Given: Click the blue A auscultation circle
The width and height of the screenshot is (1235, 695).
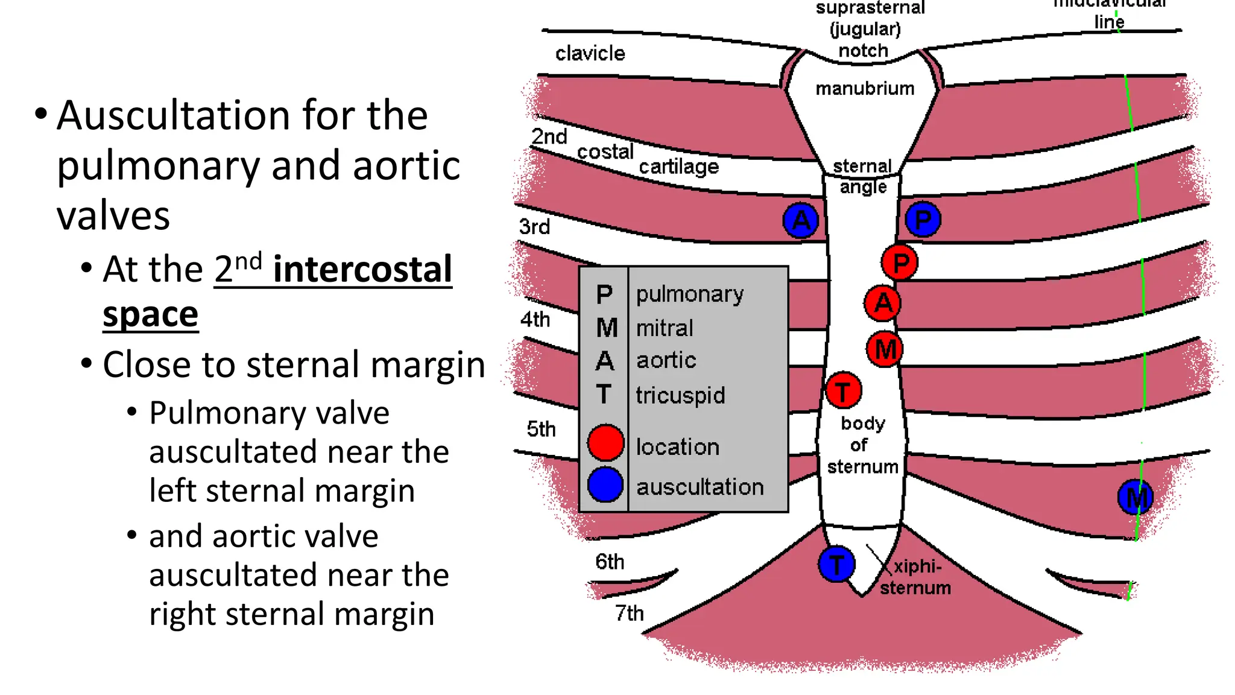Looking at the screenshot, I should click(801, 220).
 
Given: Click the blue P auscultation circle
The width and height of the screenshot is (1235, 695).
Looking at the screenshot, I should click(923, 220).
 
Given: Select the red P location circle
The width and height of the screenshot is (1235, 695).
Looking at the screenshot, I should click(900, 262).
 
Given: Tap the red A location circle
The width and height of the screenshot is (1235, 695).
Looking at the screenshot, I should click(883, 303).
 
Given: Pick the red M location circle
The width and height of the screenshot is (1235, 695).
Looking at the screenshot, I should click(885, 349).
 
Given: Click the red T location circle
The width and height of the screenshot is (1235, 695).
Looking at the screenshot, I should click(843, 391).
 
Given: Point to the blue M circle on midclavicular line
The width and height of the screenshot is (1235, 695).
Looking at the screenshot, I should click(1135, 498).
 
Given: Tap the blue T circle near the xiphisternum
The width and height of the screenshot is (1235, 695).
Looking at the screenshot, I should click(836, 565).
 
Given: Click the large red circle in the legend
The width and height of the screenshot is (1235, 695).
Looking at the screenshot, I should click(605, 443).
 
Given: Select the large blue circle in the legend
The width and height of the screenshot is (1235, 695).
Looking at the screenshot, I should click(605, 484).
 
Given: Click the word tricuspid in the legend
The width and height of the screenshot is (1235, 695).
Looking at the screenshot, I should click(680, 396).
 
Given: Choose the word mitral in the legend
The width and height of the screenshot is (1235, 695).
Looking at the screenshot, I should click(665, 328).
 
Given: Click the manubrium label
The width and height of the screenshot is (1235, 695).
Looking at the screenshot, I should click(865, 89).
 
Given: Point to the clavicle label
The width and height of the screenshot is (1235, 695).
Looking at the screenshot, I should click(590, 54).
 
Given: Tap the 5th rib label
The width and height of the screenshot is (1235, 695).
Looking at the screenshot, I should click(541, 429).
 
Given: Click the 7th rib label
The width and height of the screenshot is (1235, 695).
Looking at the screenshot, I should click(629, 614).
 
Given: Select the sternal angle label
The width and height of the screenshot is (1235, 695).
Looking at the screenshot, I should click(863, 176).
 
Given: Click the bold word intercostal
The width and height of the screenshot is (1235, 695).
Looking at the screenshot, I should click(362, 269).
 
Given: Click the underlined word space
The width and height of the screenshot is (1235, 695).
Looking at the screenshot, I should click(150, 315).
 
